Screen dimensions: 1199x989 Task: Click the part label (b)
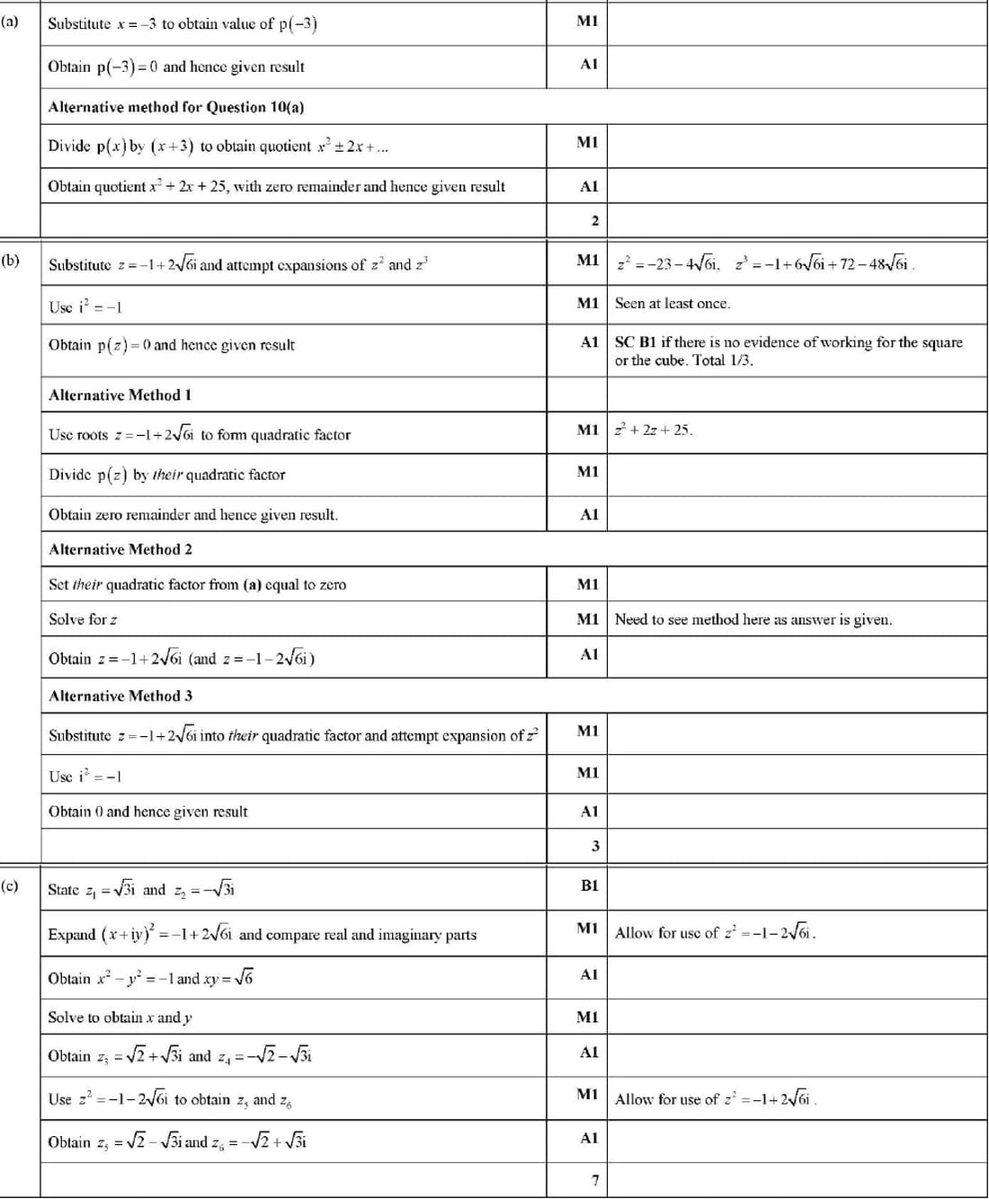10,262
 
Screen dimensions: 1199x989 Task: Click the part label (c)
10,886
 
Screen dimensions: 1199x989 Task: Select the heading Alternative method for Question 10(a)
175,107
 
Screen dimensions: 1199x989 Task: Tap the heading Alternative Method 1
120,395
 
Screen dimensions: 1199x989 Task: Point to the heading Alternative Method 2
120,549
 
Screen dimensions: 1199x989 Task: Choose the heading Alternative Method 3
120,696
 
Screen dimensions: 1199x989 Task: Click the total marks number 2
594,220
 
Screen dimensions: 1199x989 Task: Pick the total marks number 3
594,846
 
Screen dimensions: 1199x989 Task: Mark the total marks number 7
594,1180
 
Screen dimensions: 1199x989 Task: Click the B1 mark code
589,885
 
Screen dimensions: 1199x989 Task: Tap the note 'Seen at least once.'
672,304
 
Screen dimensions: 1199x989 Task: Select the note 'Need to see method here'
753,619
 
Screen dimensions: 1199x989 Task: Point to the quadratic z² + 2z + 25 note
653,430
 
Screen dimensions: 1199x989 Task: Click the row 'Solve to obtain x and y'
120,1017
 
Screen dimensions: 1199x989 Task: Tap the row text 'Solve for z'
83,619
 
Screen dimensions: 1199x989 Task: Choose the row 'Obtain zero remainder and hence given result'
192,515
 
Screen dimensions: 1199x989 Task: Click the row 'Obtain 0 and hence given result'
147,812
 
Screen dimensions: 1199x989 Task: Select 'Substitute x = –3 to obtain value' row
182,23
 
